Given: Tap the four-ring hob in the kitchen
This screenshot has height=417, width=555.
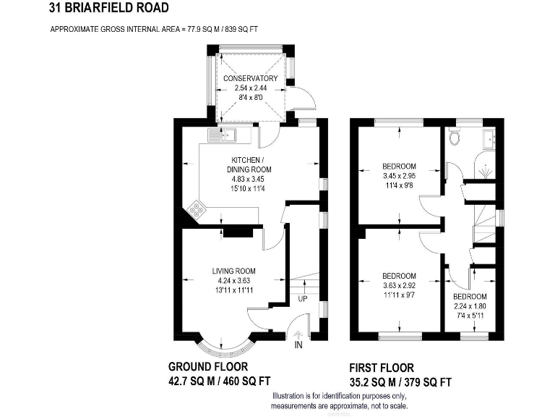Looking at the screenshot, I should pyautogui.click(x=197, y=211).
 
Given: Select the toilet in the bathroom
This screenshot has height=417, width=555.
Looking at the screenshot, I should pyautogui.click(x=455, y=138).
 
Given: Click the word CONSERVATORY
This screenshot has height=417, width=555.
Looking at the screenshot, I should pyautogui.click(x=251, y=78).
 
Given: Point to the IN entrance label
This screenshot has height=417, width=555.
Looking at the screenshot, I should pyautogui.click(x=298, y=346).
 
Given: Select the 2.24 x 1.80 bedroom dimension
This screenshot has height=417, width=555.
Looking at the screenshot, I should pyautogui.click(x=470, y=306).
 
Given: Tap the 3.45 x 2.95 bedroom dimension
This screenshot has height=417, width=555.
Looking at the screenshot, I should pyautogui.click(x=399, y=175).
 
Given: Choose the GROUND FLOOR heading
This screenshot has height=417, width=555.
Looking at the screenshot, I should pyautogui.click(x=210, y=366).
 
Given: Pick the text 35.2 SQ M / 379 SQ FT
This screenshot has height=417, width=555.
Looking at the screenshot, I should pyautogui.click(x=400, y=382).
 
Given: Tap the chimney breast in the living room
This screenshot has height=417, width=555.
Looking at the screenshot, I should pyautogui.click(x=237, y=232).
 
